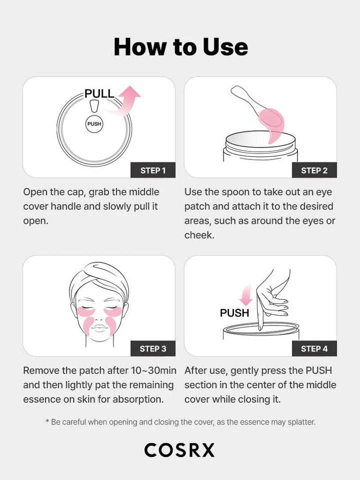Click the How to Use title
tap(180, 46)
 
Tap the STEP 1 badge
tap(153, 170)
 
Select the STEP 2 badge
tap(314, 170)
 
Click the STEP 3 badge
tap(153, 348)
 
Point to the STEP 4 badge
tap(314, 348)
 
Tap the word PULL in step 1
tap(99, 93)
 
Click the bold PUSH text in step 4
tap(234, 313)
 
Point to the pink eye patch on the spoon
tap(273, 125)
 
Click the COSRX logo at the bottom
tap(179, 450)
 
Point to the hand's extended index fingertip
tap(260, 327)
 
